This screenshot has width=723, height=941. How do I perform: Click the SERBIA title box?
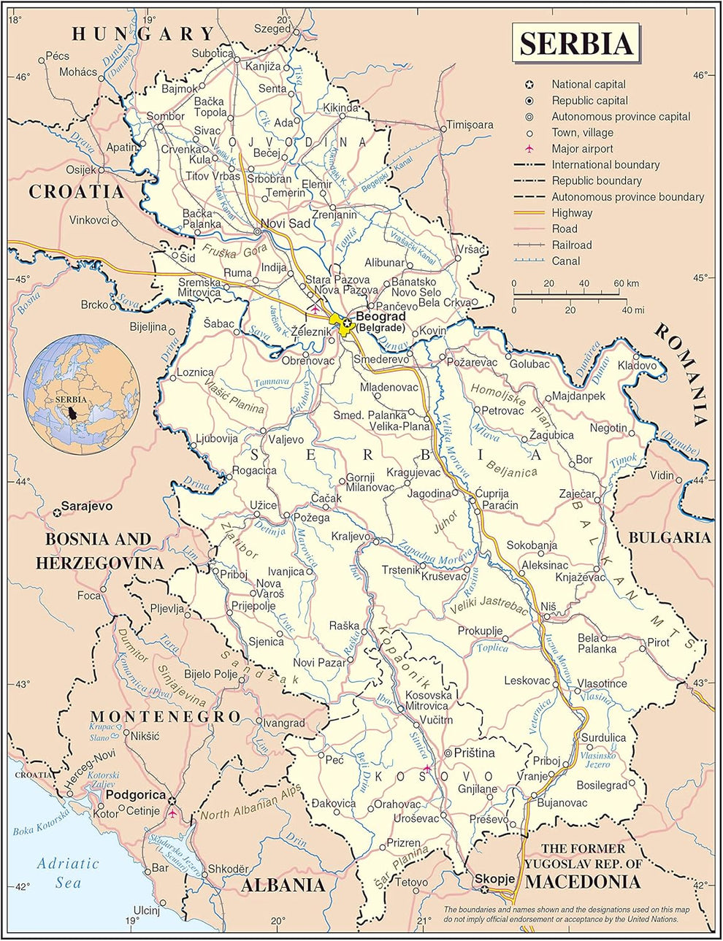pos(575,43)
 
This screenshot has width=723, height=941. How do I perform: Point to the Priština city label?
pos(474,753)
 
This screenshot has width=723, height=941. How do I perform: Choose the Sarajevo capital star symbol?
pos(56,512)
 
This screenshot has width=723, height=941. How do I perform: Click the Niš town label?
pos(548,607)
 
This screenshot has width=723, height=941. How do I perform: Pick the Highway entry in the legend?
pos(572,213)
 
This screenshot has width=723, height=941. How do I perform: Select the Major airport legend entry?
pos(582,148)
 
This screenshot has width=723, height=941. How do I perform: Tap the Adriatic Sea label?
pos(68,872)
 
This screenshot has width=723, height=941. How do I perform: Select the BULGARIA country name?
pos(669,537)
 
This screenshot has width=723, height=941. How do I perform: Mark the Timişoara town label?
pos(470,125)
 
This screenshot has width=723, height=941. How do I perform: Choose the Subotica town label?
pos(212,53)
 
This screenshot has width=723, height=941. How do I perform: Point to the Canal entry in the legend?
pos(566,261)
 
